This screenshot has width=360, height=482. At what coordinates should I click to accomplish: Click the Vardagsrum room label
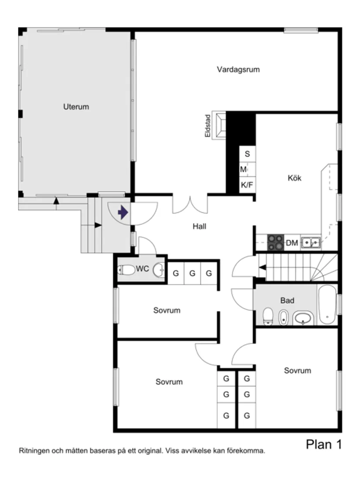[x=238, y=69]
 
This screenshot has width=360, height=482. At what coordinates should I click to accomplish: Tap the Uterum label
[x=76, y=107]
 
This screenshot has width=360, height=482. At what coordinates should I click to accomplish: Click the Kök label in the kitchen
[x=295, y=178]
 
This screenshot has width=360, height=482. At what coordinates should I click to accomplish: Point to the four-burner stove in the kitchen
[x=275, y=242]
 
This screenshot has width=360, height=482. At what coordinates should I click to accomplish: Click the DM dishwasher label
[x=292, y=243]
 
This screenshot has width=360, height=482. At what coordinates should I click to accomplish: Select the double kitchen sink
[x=311, y=241]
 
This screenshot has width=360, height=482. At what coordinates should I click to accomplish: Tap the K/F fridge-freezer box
[x=247, y=185]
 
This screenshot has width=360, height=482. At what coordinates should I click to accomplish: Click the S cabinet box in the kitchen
[x=247, y=154]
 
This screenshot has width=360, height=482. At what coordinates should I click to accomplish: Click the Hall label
[x=199, y=226]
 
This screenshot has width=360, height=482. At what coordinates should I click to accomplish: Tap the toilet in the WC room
[x=127, y=270]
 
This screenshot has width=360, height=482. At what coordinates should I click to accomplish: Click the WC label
[x=143, y=269]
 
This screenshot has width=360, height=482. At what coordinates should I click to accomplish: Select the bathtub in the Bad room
[x=327, y=304]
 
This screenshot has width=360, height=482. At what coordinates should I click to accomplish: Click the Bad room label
[x=287, y=300]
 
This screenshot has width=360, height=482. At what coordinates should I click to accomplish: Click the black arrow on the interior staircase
[x=263, y=267]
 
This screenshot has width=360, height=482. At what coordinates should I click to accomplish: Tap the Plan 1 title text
[x=323, y=444]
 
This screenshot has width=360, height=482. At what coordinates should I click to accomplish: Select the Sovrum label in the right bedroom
[x=298, y=370]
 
